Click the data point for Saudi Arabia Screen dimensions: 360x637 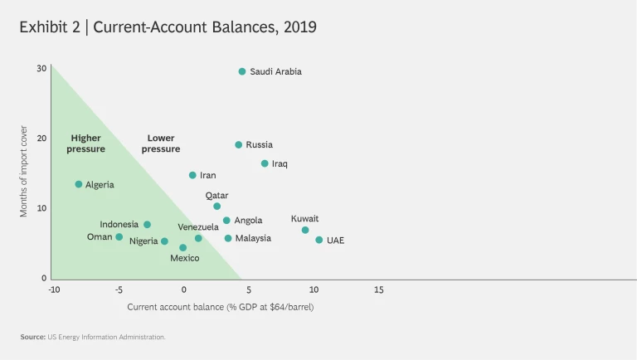(x=242, y=72)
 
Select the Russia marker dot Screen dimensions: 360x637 (x=239, y=145)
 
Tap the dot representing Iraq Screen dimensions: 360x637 (x=265, y=164)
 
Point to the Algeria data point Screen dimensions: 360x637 (x=79, y=184)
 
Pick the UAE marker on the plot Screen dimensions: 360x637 (x=318, y=241)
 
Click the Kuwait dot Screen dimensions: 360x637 (x=305, y=231)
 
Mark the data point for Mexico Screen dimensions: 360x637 (x=183, y=248)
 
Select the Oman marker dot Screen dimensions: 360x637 (x=119, y=237)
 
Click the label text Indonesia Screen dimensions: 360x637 (x=119, y=225)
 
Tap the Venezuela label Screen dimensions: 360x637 (x=198, y=226)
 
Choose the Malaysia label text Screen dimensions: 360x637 (x=253, y=239)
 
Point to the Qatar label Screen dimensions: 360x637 (x=217, y=196)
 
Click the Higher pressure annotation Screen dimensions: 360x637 (x=86, y=144)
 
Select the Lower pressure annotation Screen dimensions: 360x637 (x=161, y=144)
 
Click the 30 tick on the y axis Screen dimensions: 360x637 (x=41, y=68)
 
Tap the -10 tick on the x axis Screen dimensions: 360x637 (x=54, y=290)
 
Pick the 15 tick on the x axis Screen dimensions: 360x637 (x=379, y=290)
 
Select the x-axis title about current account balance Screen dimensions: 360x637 (x=221, y=307)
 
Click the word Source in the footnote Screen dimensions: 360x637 (x=34, y=337)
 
